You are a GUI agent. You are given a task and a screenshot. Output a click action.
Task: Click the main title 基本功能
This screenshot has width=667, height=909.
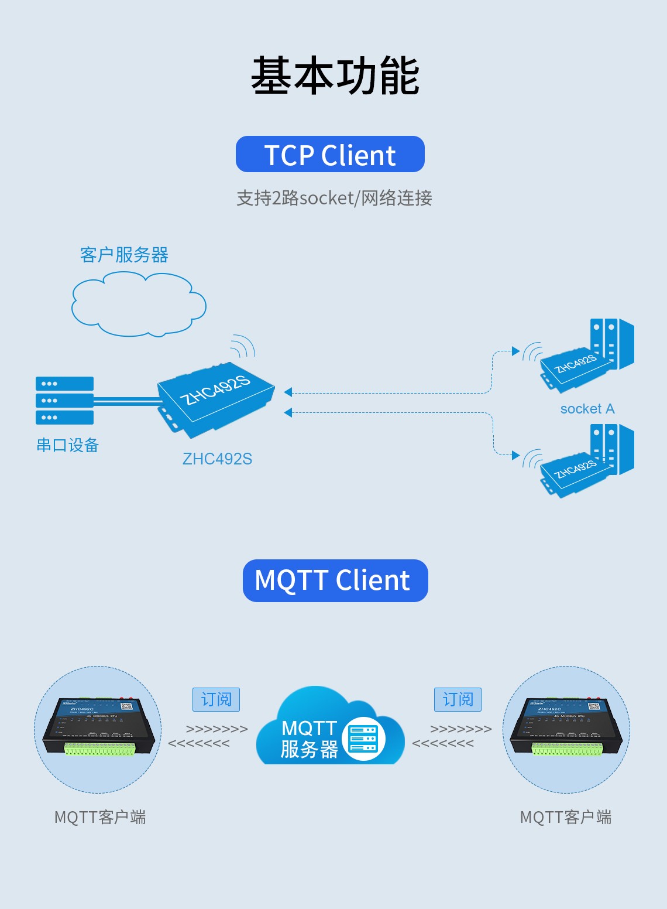click(x=335, y=76)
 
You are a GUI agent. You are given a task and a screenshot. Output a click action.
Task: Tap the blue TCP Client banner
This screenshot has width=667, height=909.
click(x=330, y=155)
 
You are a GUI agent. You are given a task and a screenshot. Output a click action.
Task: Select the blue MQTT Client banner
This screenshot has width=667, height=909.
click(x=335, y=580)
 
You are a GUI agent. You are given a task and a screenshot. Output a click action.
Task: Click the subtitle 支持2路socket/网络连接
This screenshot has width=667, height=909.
click(x=334, y=198)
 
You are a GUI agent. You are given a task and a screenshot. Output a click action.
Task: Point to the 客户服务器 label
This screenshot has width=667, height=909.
click(x=124, y=255)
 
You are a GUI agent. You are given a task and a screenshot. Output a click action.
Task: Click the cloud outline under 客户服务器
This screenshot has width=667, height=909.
click(x=139, y=306)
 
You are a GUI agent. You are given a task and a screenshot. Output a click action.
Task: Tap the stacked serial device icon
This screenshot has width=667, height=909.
click(x=64, y=401)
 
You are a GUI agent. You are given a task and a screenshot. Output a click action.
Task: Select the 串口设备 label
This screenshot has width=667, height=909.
click(x=67, y=445)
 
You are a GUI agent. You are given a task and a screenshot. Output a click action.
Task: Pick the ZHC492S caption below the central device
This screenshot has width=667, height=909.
click(x=217, y=459)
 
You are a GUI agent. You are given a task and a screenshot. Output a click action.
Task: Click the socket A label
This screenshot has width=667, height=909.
click(x=587, y=409)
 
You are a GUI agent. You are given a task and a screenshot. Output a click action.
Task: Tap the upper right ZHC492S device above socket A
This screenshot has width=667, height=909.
click(x=576, y=367)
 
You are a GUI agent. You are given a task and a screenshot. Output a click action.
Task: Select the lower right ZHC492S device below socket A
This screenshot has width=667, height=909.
click(x=576, y=472)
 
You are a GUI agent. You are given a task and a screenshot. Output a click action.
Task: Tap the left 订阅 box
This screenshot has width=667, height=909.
click(x=216, y=699)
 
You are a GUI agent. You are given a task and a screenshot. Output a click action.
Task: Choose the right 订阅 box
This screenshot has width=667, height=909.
click(x=458, y=699)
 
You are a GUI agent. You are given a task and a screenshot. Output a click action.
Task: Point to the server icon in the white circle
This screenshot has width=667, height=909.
click(x=363, y=739)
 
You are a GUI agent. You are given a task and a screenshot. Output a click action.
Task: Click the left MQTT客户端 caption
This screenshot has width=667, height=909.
click(x=100, y=817)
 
